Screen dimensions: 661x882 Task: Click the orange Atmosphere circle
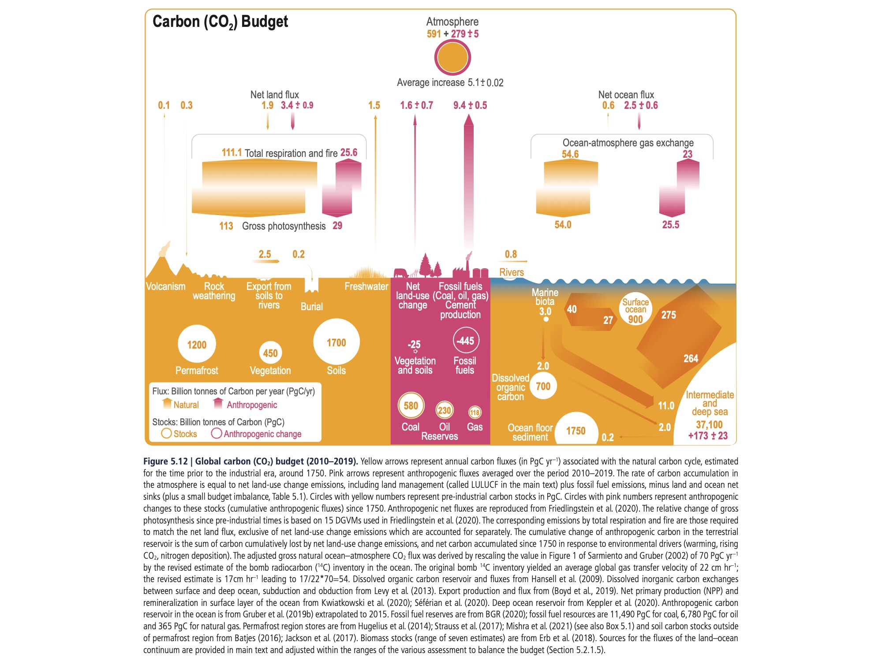pos(452,57)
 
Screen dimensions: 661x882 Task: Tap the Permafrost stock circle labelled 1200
pos(197,345)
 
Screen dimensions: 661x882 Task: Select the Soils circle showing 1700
pos(336,342)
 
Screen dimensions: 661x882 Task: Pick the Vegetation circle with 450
pos(270,353)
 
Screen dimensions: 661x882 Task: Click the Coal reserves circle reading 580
pos(411,405)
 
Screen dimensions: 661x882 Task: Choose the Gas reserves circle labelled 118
pos(475,412)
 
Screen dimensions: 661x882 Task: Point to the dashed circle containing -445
pos(466,341)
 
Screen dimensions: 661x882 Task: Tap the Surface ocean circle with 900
pos(635,310)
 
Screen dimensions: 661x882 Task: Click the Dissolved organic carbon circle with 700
pos(543,386)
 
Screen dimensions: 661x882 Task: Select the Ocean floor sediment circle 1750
pos(576,431)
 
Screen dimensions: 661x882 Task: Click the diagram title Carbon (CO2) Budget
pos(220,22)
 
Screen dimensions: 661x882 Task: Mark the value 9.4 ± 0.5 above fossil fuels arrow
pos(470,105)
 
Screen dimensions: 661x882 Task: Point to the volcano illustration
pos(162,262)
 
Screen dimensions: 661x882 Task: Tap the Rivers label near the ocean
pos(512,272)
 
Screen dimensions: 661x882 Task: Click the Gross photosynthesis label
pos(284,226)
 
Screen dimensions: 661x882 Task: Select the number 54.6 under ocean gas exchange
pos(570,154)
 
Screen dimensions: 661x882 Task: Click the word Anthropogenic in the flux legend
pos(252,405)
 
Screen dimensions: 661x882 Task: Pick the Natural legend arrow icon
pos(167,403)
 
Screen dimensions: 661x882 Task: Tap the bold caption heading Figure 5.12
pos(165,461)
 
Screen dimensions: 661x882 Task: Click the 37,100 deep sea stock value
pos(709,425)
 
